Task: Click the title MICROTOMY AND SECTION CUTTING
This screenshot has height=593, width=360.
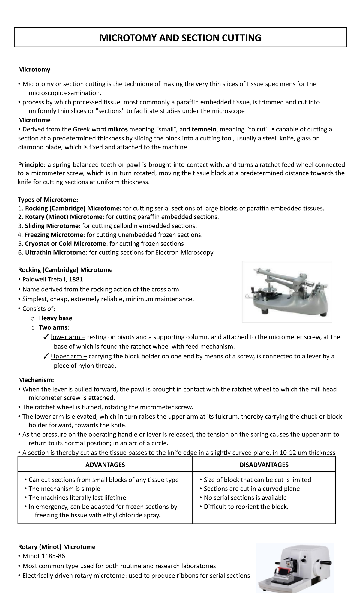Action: pyautogui.click(x=180, y=38)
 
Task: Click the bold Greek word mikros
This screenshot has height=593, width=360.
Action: pyautogui.click(x=118, y=129)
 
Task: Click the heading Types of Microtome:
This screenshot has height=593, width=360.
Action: pyautogui.click(x=48, y=200)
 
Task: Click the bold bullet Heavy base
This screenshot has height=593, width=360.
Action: pyautogui.click(x=55, y=318)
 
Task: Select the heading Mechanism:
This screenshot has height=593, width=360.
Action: pyautogui.click(x=36, y=380)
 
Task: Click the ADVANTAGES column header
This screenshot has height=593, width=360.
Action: pyautogui.click(x=105, y=465)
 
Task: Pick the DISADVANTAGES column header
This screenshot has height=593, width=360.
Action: pyautogui.click(x=264, y=465)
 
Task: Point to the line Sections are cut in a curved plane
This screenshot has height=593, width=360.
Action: pyautogui.click(x=251, y=489)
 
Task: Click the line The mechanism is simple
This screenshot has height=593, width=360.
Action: pyautogui.click(x=64, y=489)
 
